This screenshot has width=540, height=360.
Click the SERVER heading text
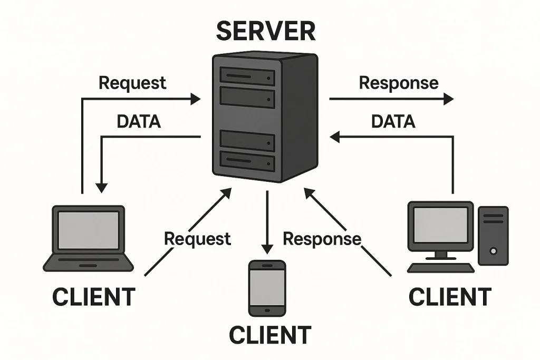pyautogui.click(x=266, y=32)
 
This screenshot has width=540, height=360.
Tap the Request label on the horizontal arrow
pyautogui.click(x=132, y=83)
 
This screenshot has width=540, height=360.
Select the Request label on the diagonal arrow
pyautogui.click(x=197, y=239)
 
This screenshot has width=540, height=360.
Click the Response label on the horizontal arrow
pyautogui.click(x=398, y=83)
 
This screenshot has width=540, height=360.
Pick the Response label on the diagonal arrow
pyautogui.click(x=322, y=239)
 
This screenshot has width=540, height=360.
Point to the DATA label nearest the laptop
pyautogui.click(x=138, y=122)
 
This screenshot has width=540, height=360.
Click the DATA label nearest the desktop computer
pyautogui.click(x=393, y=122)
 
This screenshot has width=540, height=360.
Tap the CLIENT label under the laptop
pyautogui.click(x=93, y=297)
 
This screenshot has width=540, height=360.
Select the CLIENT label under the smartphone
pyautogui.click(x=269, y=335)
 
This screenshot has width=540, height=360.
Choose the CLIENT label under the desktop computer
pyautogui.click(x=450, y=297)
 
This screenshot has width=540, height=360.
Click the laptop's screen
pyautogui.click(x=88, y=230)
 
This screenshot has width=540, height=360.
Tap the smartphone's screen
pyautogui.click(x=267, y=288)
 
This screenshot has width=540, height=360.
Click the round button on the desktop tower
pyautogui.click(x=493, y=251)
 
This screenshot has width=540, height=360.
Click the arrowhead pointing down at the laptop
pyautogui.click(x=101, y=187)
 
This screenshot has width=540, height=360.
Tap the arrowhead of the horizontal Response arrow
pyautogui.click(x=448, y=99)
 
